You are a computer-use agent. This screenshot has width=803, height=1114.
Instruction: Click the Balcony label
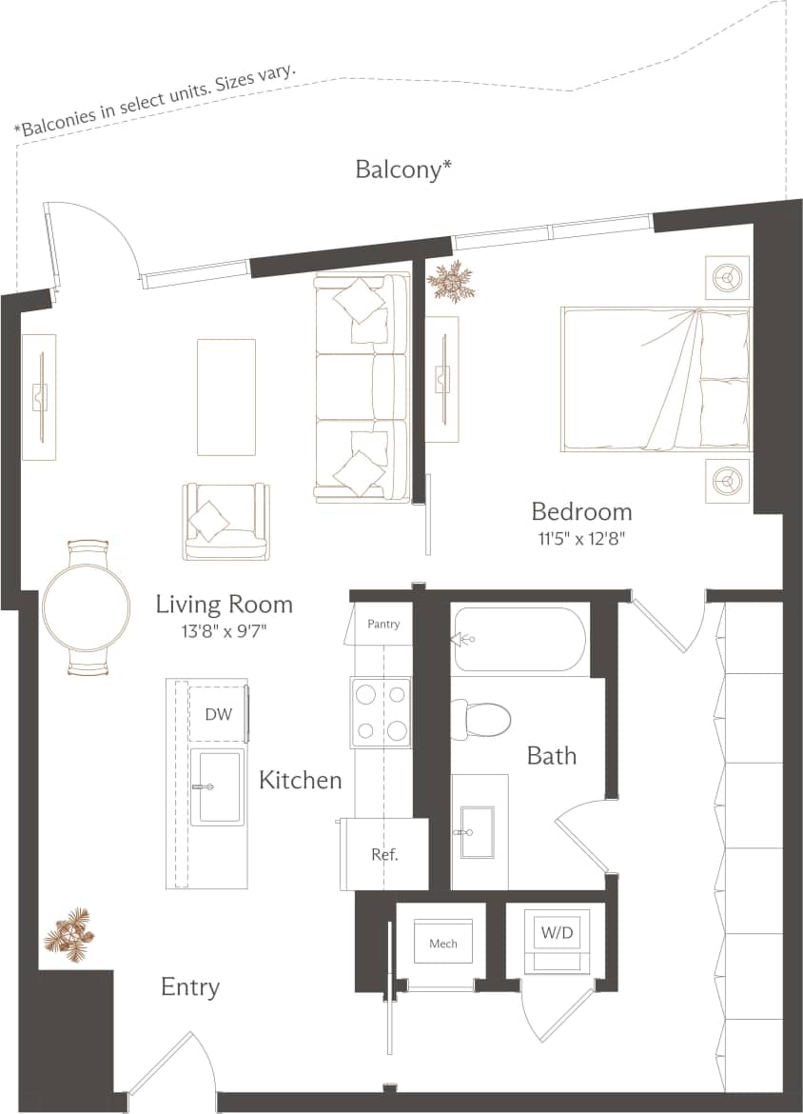402,169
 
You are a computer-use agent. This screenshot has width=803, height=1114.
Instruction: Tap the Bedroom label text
581,511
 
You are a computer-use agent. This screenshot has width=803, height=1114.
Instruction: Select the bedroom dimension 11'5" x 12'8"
581,538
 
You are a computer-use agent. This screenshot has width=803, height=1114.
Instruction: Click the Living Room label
224,604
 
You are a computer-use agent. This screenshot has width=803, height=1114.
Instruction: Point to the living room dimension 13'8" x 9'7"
224,630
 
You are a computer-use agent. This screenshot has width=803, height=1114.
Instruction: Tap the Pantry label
383,624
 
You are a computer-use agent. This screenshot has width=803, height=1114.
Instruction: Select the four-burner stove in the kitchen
381,711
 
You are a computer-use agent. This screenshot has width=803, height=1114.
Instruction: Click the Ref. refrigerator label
384,854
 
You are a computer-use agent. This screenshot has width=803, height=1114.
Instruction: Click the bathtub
519,640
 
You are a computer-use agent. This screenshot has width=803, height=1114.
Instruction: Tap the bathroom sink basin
478,831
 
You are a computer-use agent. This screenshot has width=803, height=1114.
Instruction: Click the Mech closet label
443,944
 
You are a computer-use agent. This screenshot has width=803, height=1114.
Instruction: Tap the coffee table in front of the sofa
226,397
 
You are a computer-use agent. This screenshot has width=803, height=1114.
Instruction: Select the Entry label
190,986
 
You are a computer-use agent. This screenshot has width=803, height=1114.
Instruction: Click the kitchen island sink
218,787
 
